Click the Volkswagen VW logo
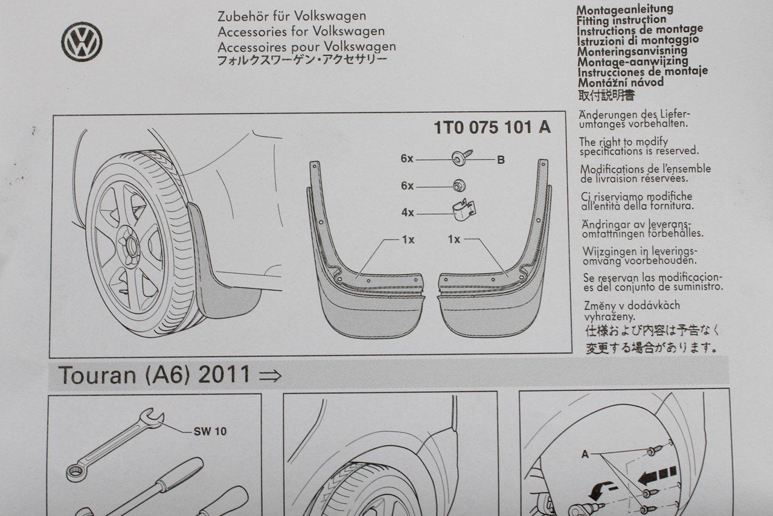(82, 42)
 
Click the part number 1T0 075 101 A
(492, 127)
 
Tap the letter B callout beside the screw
(501, 160)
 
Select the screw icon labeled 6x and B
(462, 157)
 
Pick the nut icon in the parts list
(460, 186)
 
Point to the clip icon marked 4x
(463, 210)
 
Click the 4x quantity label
(408, 213)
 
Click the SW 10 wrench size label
(210, 431)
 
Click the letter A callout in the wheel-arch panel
(585, 454)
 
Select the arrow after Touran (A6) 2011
(270, 376)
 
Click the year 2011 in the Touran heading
(224, 375)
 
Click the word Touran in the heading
(97, 375)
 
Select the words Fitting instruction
(621, 20)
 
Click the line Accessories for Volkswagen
(301, 31)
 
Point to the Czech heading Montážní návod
(620, 83)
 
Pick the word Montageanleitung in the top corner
(625, 9)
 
